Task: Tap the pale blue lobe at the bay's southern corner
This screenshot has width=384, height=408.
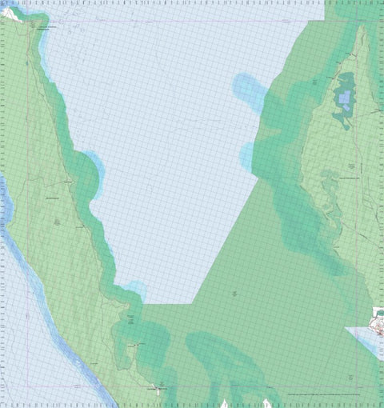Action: click(137, 290)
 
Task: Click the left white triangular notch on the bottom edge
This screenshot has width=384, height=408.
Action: click(226, 403)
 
